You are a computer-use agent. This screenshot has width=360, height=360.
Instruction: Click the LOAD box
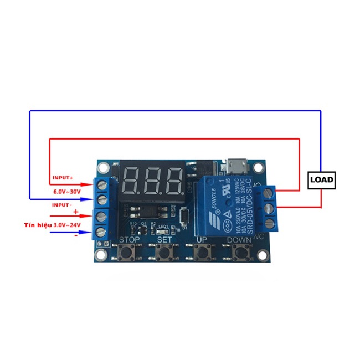tap(321, 179)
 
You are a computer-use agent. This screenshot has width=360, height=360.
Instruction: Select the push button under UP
tap(203, 253)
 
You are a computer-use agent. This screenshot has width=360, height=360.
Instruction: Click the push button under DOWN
tap(239, 253)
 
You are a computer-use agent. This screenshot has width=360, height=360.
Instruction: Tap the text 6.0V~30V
tap(67, 191)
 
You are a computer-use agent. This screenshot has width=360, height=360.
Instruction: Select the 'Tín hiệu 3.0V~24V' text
tap(52, 225)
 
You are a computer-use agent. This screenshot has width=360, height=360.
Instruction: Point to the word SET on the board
tap(164, 240)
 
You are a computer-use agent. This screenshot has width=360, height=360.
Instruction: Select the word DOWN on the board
tap(239, 240)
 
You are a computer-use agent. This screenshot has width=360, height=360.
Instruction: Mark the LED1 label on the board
tap(163, 226)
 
